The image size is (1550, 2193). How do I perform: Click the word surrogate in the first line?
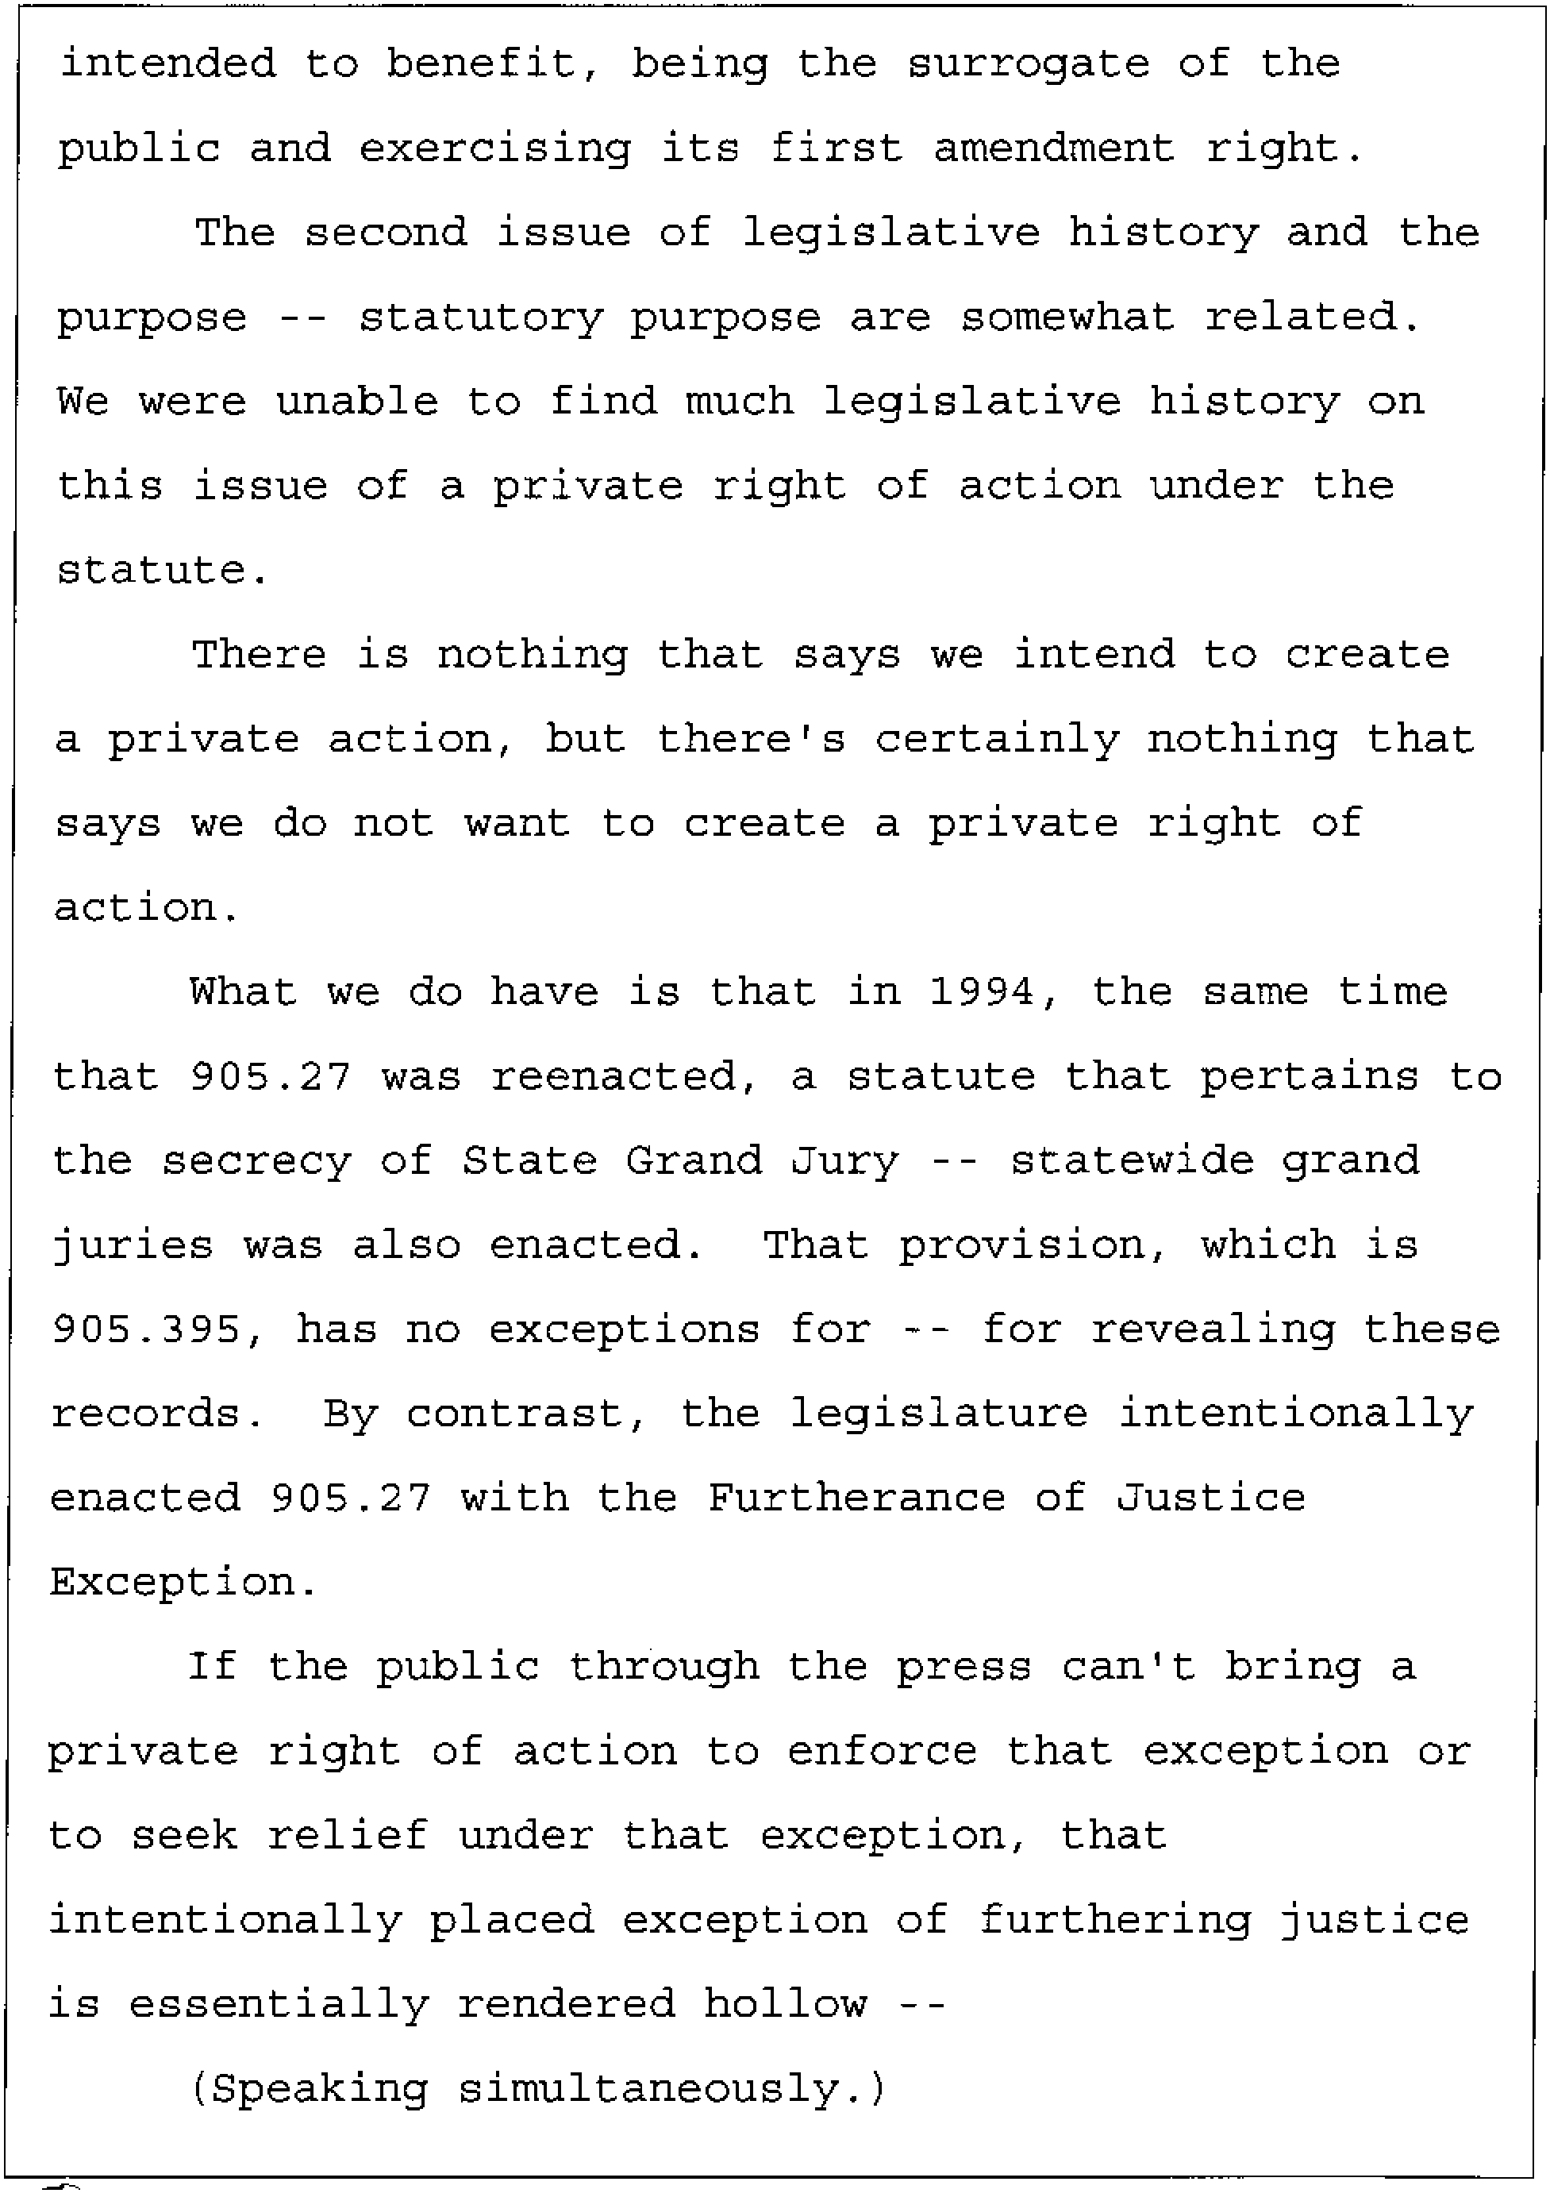point(1028,65)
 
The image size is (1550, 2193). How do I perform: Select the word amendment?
point(1053,149)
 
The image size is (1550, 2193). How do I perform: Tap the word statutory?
point(480,318)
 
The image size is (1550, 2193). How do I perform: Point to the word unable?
point(356,401)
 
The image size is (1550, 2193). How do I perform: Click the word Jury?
point(844,1161)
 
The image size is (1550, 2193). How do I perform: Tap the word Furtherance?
point(856,1498)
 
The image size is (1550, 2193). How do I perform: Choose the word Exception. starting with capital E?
point(183,1583)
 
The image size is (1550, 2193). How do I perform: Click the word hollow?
point(785,2004)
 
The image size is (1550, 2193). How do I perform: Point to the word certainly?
point(997,739)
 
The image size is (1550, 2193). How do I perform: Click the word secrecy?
point(256,1161)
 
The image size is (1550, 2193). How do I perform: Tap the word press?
point(963,1667)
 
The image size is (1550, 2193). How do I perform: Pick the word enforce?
point(883,1751)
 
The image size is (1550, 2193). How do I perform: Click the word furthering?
point(1114,1920)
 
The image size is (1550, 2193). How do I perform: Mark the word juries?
point(133,1245)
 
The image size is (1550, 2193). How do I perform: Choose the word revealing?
point(1213,1329)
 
